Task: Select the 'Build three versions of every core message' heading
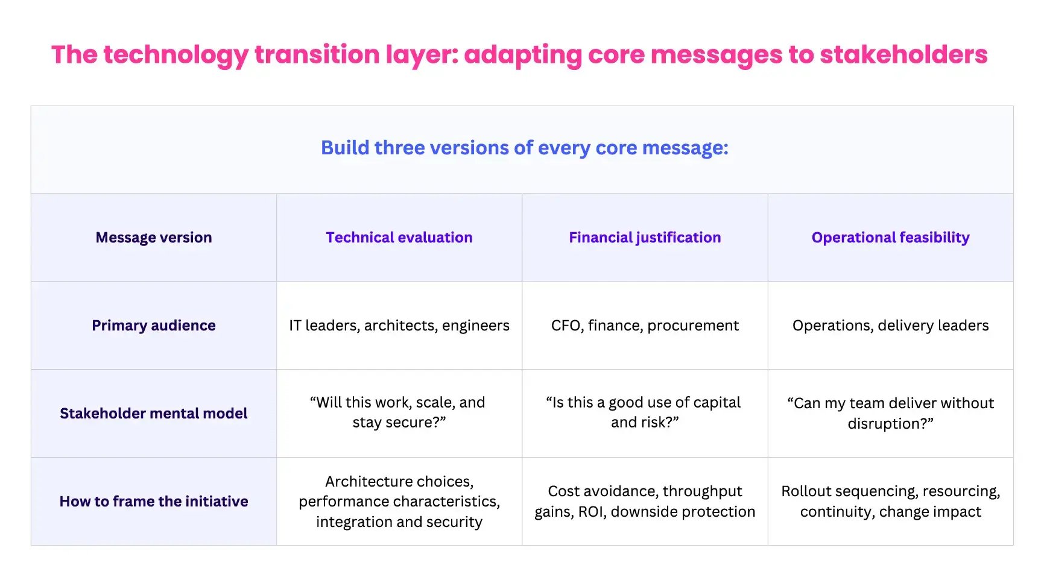click(x=524, y=148)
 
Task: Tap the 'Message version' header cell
click(x=154, y=238)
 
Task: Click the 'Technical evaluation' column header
click(x=399, y=238)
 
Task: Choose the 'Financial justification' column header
click(x=645, y=238)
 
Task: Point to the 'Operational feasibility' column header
click(x=890, y=238)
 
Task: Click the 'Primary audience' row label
click(x=154, y=326)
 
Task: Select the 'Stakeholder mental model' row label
click(x=154, y=414)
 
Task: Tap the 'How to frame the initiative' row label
click(x=154, y=502)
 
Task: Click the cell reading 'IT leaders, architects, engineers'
click(x=399, y=326)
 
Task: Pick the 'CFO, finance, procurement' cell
click(x=645, y=326)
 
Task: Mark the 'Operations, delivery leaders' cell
click(x=890, y=326)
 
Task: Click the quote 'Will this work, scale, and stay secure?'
click(x=399, y=412)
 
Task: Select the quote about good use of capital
click(x=645, y=412)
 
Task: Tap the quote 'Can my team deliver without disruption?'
click(x=890, y=413)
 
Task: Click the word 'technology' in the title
click(x=175, y=55)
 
